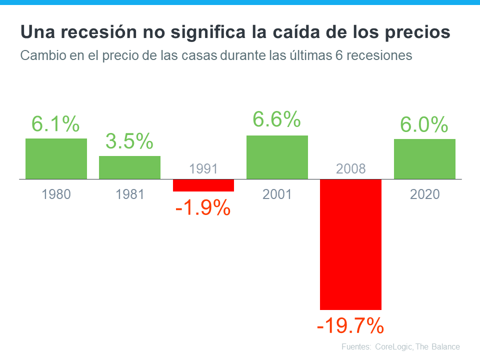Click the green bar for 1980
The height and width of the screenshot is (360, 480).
coord(56,158)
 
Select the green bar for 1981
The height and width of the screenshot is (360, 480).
coord(129,167)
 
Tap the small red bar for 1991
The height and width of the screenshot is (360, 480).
coord(203,185)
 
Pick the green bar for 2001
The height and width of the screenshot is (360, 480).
coord(277,157)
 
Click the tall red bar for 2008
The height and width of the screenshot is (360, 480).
coord(350,244)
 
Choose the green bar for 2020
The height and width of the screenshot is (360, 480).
coord(424,159)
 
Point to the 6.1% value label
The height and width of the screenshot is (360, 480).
coord(55,124)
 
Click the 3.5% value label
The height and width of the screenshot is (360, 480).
coord(129,141)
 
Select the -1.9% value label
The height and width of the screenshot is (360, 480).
coord(203,207)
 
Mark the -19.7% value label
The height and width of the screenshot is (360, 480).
coord(350,326)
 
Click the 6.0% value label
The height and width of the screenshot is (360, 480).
coord(424,124)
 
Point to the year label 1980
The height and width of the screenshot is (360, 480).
coord(56,194)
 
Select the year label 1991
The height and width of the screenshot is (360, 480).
coord(203,169)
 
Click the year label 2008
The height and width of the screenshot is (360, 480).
coord(350,169)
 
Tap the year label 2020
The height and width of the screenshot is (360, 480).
coord(424,194)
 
